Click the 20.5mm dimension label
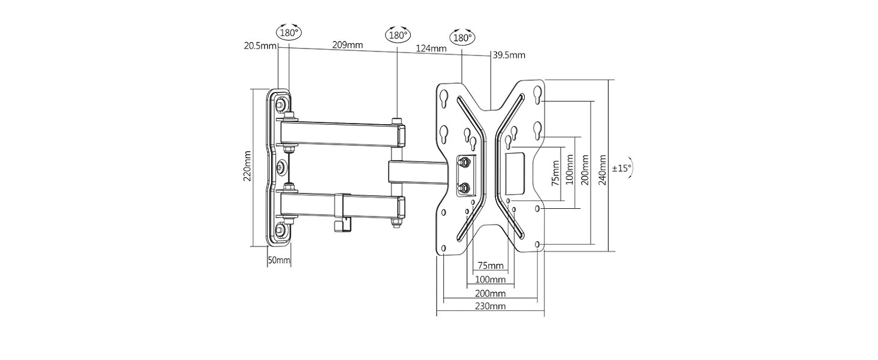(x=260, y=46)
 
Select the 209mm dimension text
(x=347, y=45)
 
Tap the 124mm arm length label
(x=431, y=48)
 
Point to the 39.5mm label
(x=509, y=55)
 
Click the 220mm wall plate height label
(x=247, y=166)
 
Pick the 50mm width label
(x=279, y=260)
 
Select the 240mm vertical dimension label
(x=603, y=170)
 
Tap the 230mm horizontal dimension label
(x=491, y=306)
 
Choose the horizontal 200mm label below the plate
(x=491, y=293)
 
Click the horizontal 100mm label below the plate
(x=491, y=280)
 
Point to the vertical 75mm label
(x=555, y=173)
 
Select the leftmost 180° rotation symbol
(x=289, y=32)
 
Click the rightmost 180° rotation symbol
(x=462, y=38)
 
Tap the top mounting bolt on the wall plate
(x=281, y=104)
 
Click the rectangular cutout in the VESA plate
(x=515, y=174)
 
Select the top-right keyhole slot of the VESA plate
(x=537, y=95)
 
